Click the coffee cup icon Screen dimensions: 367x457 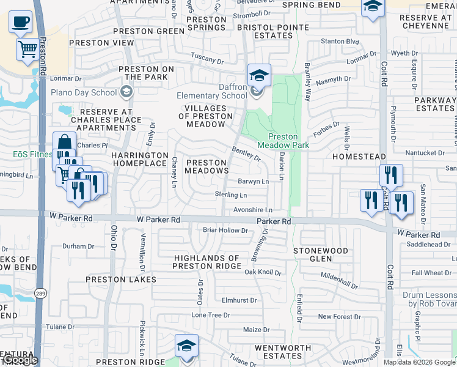(21, 22)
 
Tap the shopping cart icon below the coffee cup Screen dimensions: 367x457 (27, 48)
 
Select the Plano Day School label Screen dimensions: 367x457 (92, 92)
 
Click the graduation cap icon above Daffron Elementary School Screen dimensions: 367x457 (259, 75)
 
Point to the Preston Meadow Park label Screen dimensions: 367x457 (283, 141)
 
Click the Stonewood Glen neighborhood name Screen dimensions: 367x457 (321, 254)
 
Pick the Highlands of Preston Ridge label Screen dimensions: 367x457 (206, 262)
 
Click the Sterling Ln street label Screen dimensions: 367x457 (230, 195)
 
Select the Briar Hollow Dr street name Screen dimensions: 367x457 (225, 231)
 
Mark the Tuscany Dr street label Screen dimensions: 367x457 (207, 58)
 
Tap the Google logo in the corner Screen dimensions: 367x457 (20, 360)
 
